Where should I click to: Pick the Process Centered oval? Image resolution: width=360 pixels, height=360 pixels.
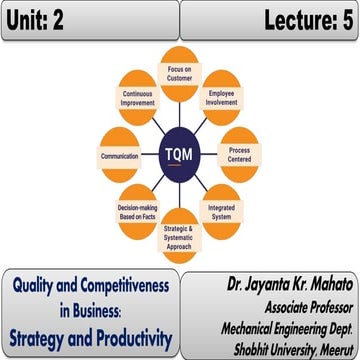[238, 145]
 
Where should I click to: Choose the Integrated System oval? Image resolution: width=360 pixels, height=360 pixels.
[222, 212]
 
